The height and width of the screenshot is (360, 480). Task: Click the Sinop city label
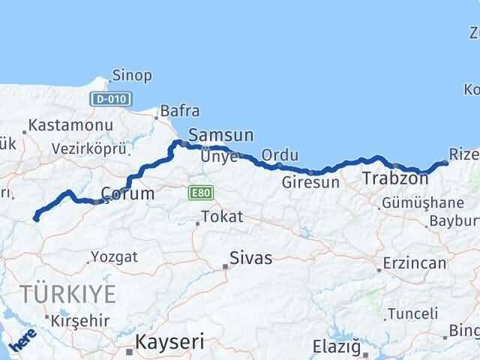[x=131, y=75]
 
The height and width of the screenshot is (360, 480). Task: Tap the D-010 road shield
[x=111, y=98]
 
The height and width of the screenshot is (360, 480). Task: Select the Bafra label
[x=180, y=112]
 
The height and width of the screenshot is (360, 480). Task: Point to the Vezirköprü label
[x=88, y=148]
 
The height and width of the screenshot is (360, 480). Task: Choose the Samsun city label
[x=220, y=136]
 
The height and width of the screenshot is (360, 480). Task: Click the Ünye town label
[x=219, y=157]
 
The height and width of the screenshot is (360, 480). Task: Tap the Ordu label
[x=280, y=155]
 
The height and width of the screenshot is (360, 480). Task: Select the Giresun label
[x=310, y=181]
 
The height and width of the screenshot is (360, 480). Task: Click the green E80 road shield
[x=201, y=193]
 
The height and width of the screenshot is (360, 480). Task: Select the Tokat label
[x=222, y=217]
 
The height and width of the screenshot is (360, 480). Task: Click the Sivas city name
[x=250, y=259]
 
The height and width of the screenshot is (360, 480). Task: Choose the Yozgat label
[x=114, y=257]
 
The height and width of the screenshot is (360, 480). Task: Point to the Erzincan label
[x=414, y=263]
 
